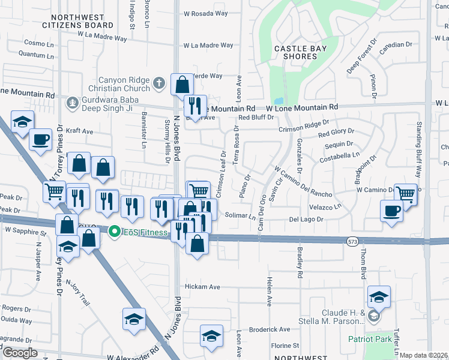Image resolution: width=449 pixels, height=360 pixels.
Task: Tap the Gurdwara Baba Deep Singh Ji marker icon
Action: [73, 102]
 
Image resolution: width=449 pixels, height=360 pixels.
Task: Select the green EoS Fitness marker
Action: [113, 230]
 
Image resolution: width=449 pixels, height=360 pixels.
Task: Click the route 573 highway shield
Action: [352, 241]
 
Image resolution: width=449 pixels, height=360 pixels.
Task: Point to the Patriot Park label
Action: [370, 339]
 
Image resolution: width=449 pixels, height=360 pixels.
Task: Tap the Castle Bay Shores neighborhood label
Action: [295, 52]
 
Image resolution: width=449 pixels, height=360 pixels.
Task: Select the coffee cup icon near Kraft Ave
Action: [40, 139]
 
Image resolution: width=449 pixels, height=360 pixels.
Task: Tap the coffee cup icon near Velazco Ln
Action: [391, 211]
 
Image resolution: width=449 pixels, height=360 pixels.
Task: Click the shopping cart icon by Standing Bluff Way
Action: [406, 194]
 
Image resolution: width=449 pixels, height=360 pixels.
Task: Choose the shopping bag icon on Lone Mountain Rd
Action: [182, 84]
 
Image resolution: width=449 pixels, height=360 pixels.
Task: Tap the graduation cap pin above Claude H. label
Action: [379, 296]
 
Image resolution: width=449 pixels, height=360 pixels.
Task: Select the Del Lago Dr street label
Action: [306, 220]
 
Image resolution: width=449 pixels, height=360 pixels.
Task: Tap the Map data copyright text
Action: [423, 355]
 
